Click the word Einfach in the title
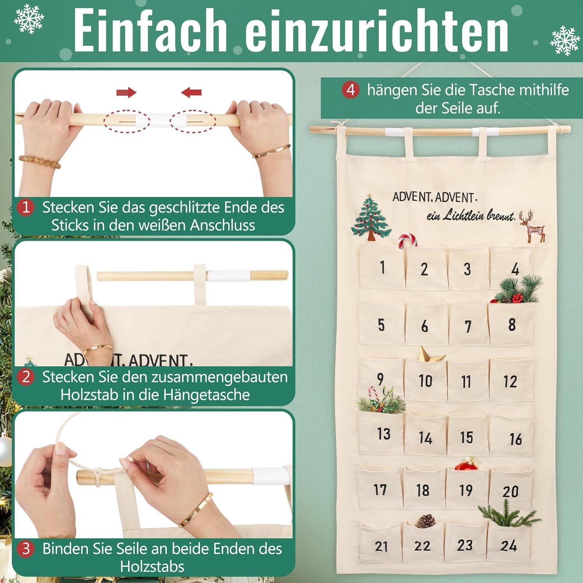pos(150,30)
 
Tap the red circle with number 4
pos(351,90)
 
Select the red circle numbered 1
pos(26,207)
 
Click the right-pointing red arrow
pos(126,93)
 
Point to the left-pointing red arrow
pos(191,93)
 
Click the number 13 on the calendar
pos(384,434)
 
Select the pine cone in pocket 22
pos(426,521)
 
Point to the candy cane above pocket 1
pos(407,240)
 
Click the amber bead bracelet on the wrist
pos(40,161)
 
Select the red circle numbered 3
pos(26,549)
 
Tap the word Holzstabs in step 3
pos(152,567)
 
